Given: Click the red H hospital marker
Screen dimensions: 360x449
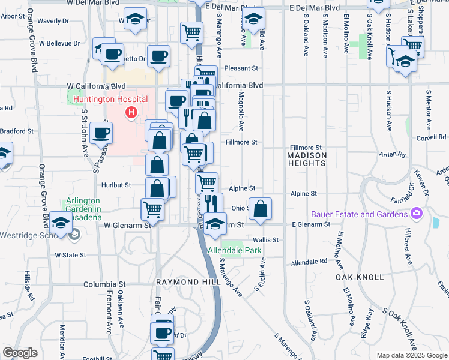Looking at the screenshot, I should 130,112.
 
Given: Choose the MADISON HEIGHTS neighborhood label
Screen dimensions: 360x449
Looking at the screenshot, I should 306,159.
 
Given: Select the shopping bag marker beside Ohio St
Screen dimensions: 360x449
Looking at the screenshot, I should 260,209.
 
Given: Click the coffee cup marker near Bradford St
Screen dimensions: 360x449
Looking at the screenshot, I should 101,133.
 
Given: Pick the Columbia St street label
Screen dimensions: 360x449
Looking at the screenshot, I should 104,284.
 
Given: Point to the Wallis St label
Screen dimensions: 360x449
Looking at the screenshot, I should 266,239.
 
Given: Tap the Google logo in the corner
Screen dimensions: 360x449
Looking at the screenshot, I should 20,353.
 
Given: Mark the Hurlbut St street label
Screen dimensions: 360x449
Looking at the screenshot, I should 116,185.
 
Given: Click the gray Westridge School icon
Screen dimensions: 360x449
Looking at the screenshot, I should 74,234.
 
